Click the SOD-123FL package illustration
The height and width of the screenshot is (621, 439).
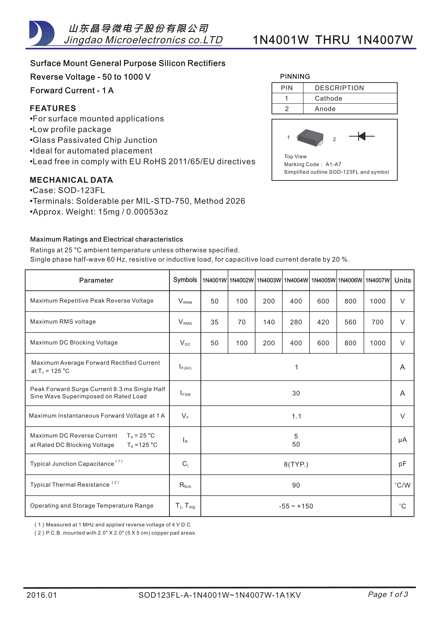[310, 138]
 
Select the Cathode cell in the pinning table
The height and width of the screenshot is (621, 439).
[328, 98]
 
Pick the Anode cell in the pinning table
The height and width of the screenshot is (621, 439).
[325, 109]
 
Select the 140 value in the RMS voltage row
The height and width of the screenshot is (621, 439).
[269, 322]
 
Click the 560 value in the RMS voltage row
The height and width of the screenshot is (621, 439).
[350, 322]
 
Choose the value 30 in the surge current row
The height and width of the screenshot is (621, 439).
[296, 393]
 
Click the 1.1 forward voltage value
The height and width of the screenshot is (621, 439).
[296, 416]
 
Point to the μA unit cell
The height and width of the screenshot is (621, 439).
[403, 440]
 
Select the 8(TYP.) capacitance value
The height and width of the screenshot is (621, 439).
[296, 464]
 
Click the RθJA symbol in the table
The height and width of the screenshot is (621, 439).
[185, 485]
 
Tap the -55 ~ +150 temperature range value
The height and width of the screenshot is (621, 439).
[296, 506]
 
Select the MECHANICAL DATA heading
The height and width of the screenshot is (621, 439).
[71, 180]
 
